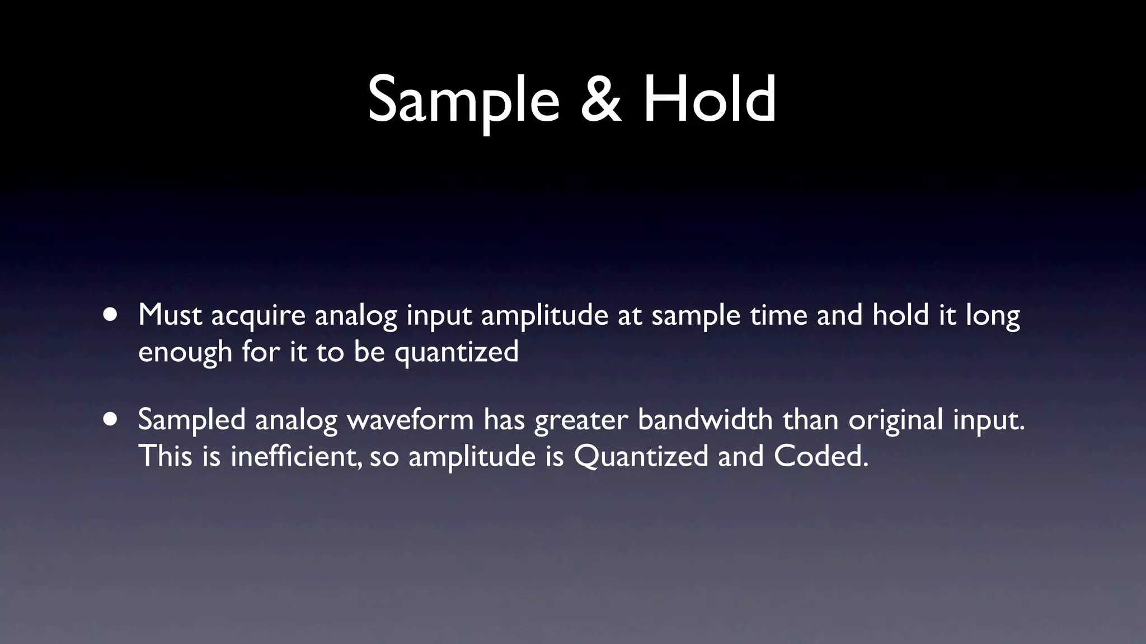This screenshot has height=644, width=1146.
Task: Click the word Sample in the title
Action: pos(463,101)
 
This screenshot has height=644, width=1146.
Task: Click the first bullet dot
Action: pos(110,315)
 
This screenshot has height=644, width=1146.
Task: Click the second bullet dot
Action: pos(110,419)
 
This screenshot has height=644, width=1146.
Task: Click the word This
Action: pos(165,456)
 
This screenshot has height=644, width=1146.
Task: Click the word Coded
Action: pos(820,456)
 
